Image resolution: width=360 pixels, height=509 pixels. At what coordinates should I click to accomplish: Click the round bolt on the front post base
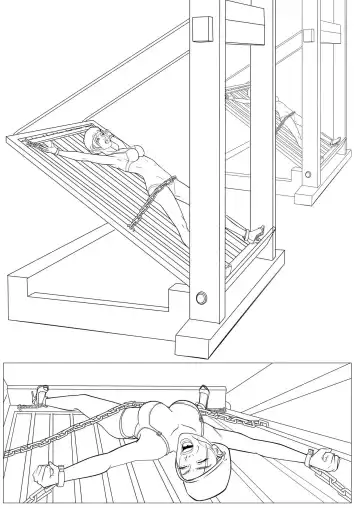click(204, 297)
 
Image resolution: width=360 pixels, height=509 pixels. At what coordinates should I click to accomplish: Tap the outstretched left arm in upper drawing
click(60, 151)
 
